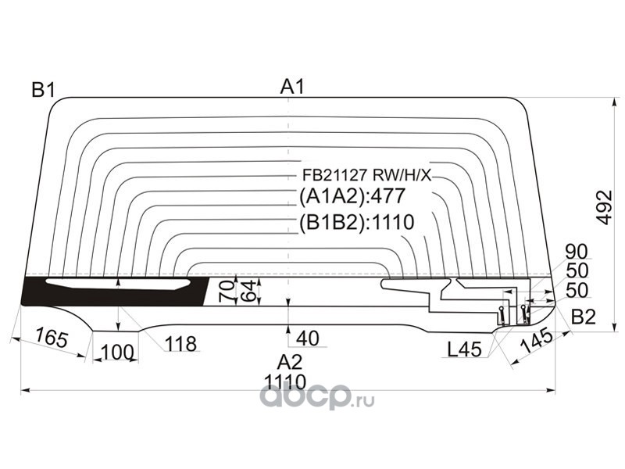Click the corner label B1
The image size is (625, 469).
[43, 91]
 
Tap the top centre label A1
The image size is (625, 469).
[292, 88]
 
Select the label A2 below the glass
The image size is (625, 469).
[289, 361]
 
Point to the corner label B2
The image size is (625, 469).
[583, 317]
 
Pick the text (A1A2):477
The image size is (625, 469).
[352, 196]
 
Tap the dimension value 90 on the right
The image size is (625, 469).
[577, 252]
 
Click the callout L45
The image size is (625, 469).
[464, 350]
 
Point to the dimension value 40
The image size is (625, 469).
[308, 338]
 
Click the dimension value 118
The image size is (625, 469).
[180, 344]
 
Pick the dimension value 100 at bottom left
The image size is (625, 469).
[117, 353]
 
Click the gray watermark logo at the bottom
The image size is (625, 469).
[316, 399]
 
